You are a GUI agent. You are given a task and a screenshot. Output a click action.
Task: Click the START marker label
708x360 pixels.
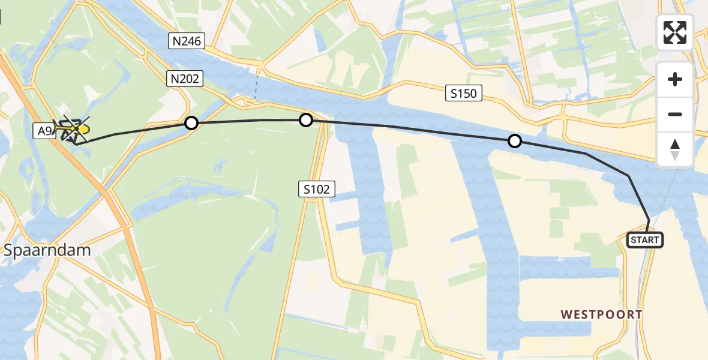pos(645,240)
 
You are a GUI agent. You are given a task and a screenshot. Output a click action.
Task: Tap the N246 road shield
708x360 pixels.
pos(186,41)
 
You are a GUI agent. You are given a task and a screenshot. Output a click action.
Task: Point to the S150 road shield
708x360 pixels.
pos(464,93)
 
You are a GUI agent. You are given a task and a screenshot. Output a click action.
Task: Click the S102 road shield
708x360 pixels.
pos(316,190)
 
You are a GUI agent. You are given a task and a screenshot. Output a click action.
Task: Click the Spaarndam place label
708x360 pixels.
pos(47,250)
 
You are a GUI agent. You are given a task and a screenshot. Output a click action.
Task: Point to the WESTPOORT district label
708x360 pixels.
pos(601,314)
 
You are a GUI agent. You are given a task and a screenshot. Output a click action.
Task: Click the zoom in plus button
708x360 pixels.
pos(675,79)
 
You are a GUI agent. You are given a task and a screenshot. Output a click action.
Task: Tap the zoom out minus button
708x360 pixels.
pos(675,114)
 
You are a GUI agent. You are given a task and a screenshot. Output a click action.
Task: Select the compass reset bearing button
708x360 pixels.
pos(675,149)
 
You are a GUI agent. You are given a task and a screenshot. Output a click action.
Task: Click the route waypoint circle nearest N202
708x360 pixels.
pos(191,123)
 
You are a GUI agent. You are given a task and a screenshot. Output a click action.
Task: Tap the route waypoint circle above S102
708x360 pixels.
pos(306,120)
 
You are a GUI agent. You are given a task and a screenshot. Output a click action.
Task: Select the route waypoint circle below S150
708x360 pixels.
pos(515,141)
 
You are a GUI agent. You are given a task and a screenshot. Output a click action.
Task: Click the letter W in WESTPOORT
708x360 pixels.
pos(566,314)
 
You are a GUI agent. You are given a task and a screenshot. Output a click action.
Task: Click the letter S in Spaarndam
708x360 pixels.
pos(8,250)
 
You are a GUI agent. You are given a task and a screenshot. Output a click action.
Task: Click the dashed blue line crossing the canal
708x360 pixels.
pos(256,87)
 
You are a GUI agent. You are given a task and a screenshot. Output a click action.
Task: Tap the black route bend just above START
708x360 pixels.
pos(649,220)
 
